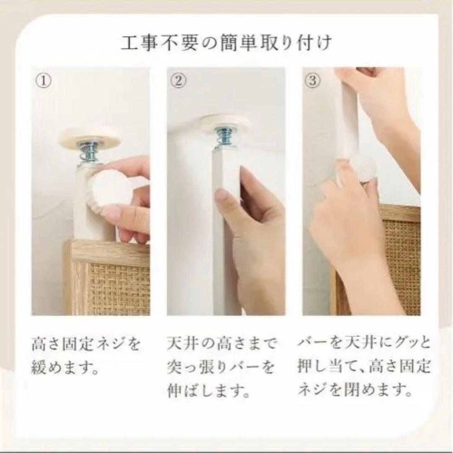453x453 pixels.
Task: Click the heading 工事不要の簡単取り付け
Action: tap(226, 44)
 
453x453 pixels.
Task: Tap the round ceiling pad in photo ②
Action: tap(226, 123)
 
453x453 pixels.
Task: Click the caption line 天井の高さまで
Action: tap(222, 345)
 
